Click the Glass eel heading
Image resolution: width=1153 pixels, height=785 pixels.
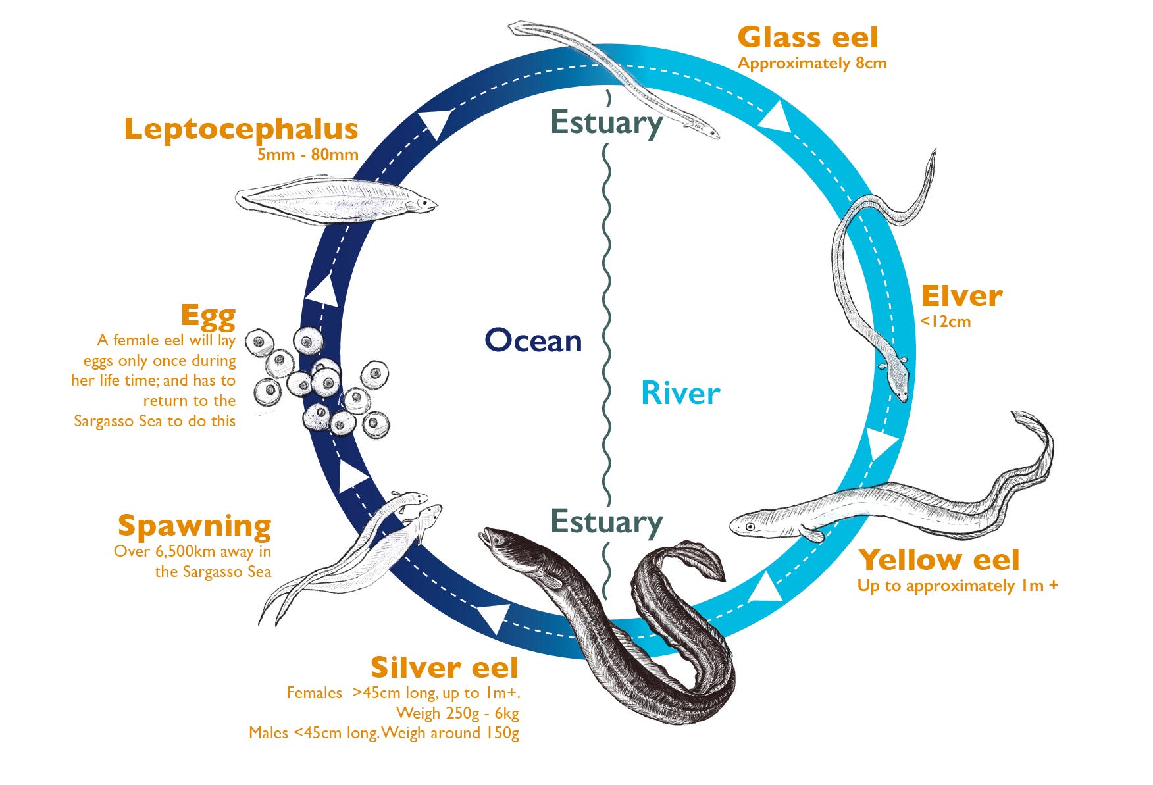coord(807,37)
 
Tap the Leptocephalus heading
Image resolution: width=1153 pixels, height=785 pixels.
coord(241,129)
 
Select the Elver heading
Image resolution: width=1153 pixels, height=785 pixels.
coord(961,296)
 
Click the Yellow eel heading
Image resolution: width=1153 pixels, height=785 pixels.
coord(939,559)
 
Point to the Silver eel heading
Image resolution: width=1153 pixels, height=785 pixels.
coord(444,667)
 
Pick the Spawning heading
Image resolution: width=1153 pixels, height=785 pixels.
coord(194,526)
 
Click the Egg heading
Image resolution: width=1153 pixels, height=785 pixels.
coord(208,317)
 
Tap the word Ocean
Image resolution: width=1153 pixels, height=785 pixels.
coord(533,340)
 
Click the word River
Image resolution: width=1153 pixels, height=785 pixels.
coord(680,393)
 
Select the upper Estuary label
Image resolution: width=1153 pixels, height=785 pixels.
coord(606,123)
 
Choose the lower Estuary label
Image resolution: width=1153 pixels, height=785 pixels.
coord(606,522)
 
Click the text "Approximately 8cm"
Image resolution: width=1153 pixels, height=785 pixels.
coord(812,64)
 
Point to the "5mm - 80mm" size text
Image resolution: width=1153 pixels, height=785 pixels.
coord(307,155)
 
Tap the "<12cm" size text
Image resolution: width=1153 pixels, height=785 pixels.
coord(946,322)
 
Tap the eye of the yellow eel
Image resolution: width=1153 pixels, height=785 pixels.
coord(750,526)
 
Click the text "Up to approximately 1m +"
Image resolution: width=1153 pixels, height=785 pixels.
coord(958,586)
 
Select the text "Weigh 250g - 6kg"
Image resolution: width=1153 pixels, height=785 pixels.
coord(457,713)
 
